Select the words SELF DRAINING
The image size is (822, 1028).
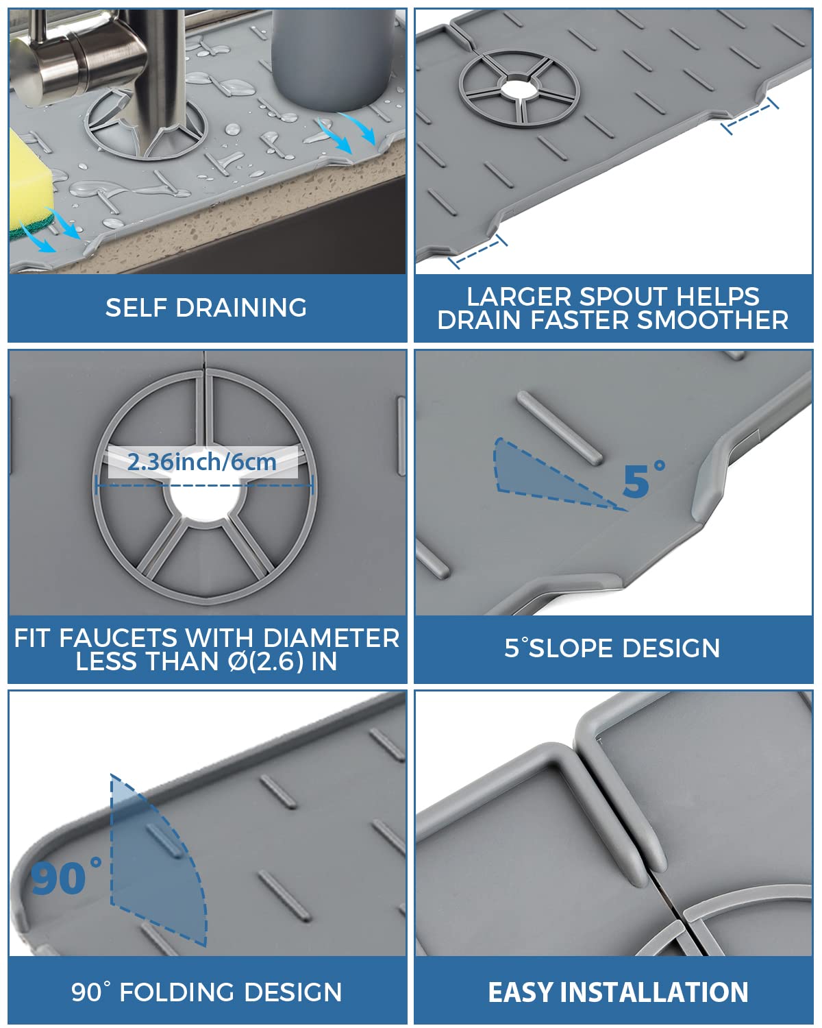[x=206, y=308]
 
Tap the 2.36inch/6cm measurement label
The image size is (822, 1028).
[x=202, y=462]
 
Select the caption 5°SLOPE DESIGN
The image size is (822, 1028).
[x=612, y=648]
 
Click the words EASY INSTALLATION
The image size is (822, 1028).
[x=618, y=992]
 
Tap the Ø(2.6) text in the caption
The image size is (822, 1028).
[x=267, y=662]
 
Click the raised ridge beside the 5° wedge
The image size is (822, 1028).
[x=560, y=428]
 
